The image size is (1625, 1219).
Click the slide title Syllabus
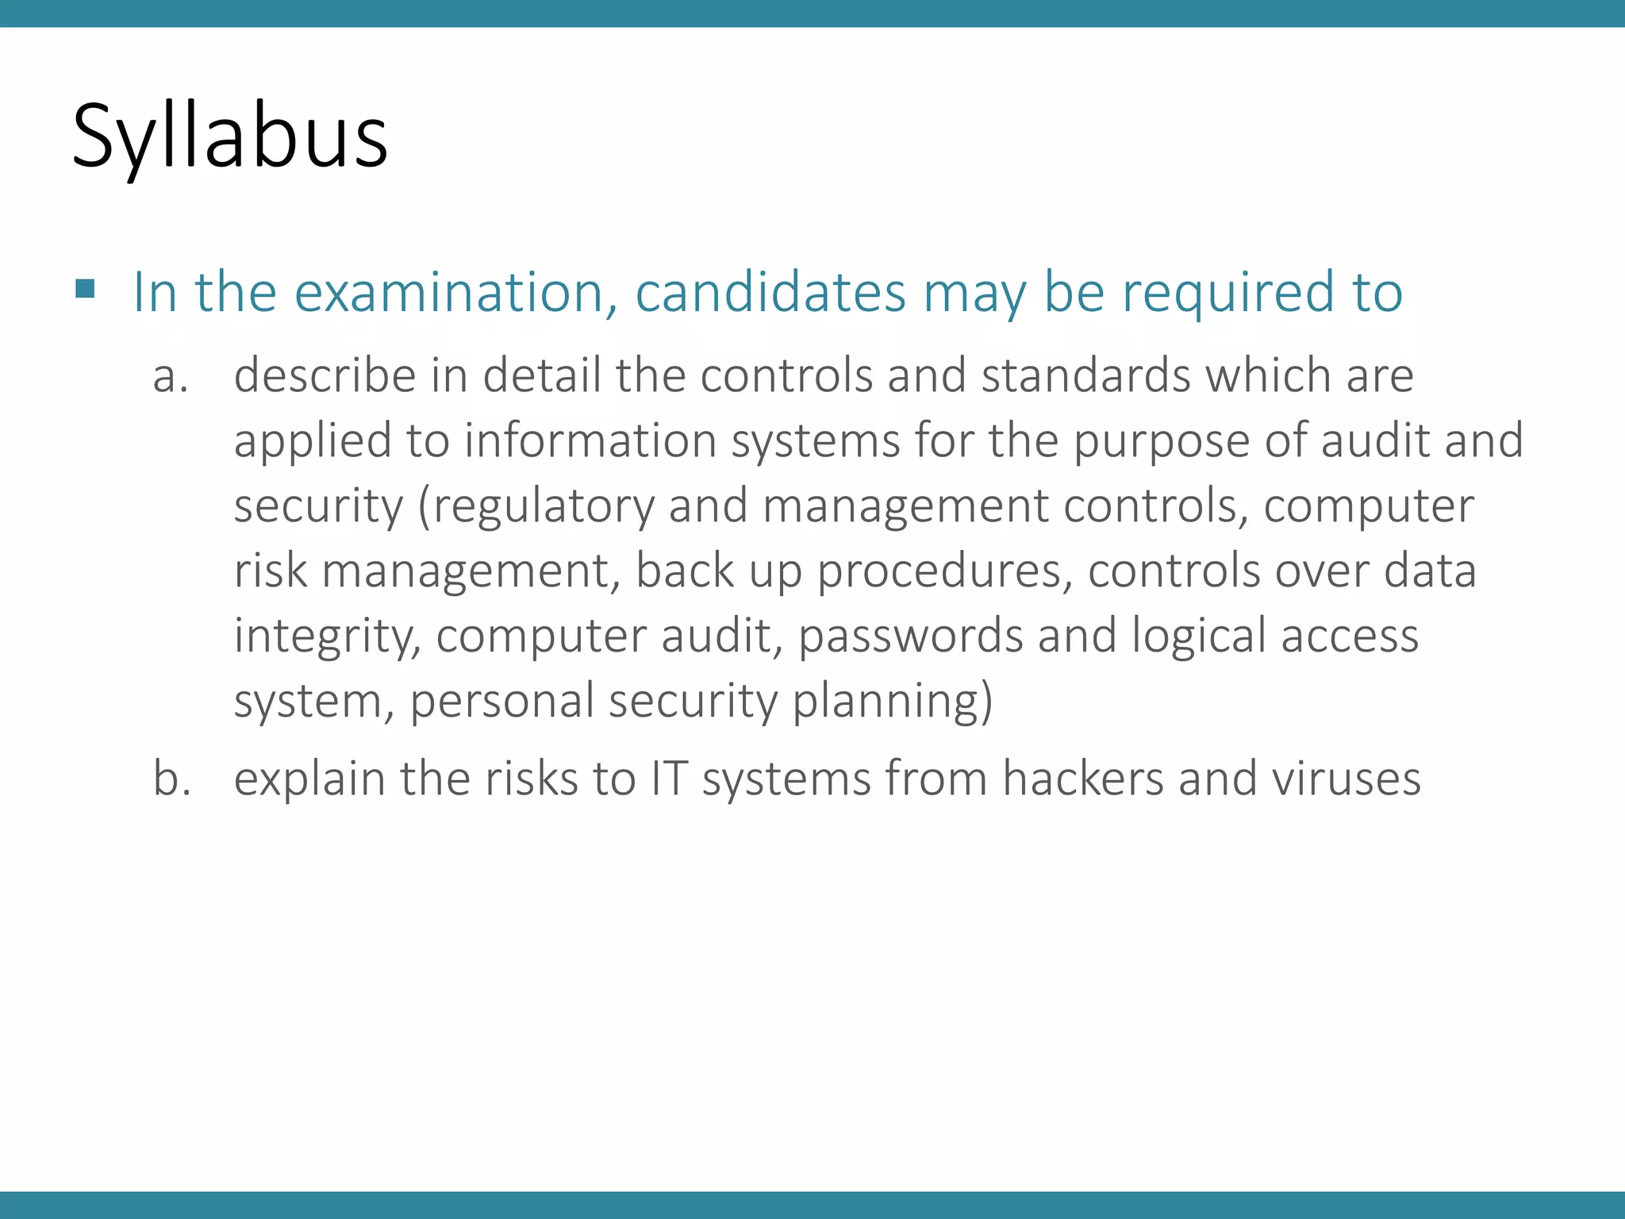[x=230, y=137]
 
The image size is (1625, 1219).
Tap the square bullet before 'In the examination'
[x=85, y=288]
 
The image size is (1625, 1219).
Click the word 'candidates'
[x=770, y=293]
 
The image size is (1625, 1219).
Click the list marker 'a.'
[x=171, y=376]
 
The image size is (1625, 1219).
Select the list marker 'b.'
[x=172, y=779]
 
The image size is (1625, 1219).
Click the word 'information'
[x=590, y=440]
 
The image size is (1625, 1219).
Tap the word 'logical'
[x=1198, y=637]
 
